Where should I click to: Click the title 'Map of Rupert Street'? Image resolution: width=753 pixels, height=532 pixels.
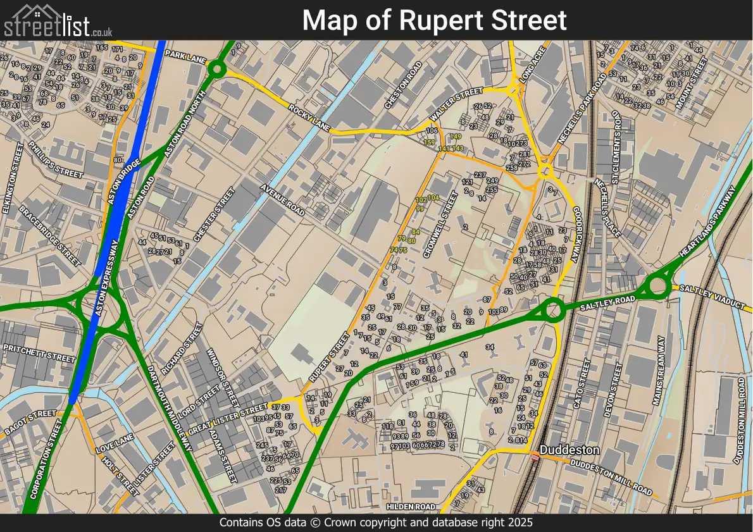pyautogui.click(x=434, y=20)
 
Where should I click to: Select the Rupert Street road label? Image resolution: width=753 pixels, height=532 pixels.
pyautogui.click(x=329, y=357)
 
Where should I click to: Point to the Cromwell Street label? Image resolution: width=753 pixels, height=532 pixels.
pyautogui.click(x=439, y=225)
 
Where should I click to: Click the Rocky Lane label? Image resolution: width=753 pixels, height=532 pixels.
pyautogui.click(x=309, y=118)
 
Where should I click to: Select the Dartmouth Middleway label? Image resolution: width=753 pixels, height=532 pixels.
pyautogui.click(x=169, y=408)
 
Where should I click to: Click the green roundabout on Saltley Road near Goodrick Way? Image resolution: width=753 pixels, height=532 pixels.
pyautogui.click(x=553, y=311)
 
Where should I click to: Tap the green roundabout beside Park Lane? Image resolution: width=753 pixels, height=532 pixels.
pyautogui.click(x=217, y=69)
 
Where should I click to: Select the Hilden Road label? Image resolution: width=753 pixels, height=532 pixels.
pyautogui.click(x=411, y=507)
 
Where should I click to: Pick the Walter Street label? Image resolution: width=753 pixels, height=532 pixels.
pyautogui.click(x=457, y=105)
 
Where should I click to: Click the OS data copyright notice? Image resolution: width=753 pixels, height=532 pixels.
pyautogui.click(x=376, y=523)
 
